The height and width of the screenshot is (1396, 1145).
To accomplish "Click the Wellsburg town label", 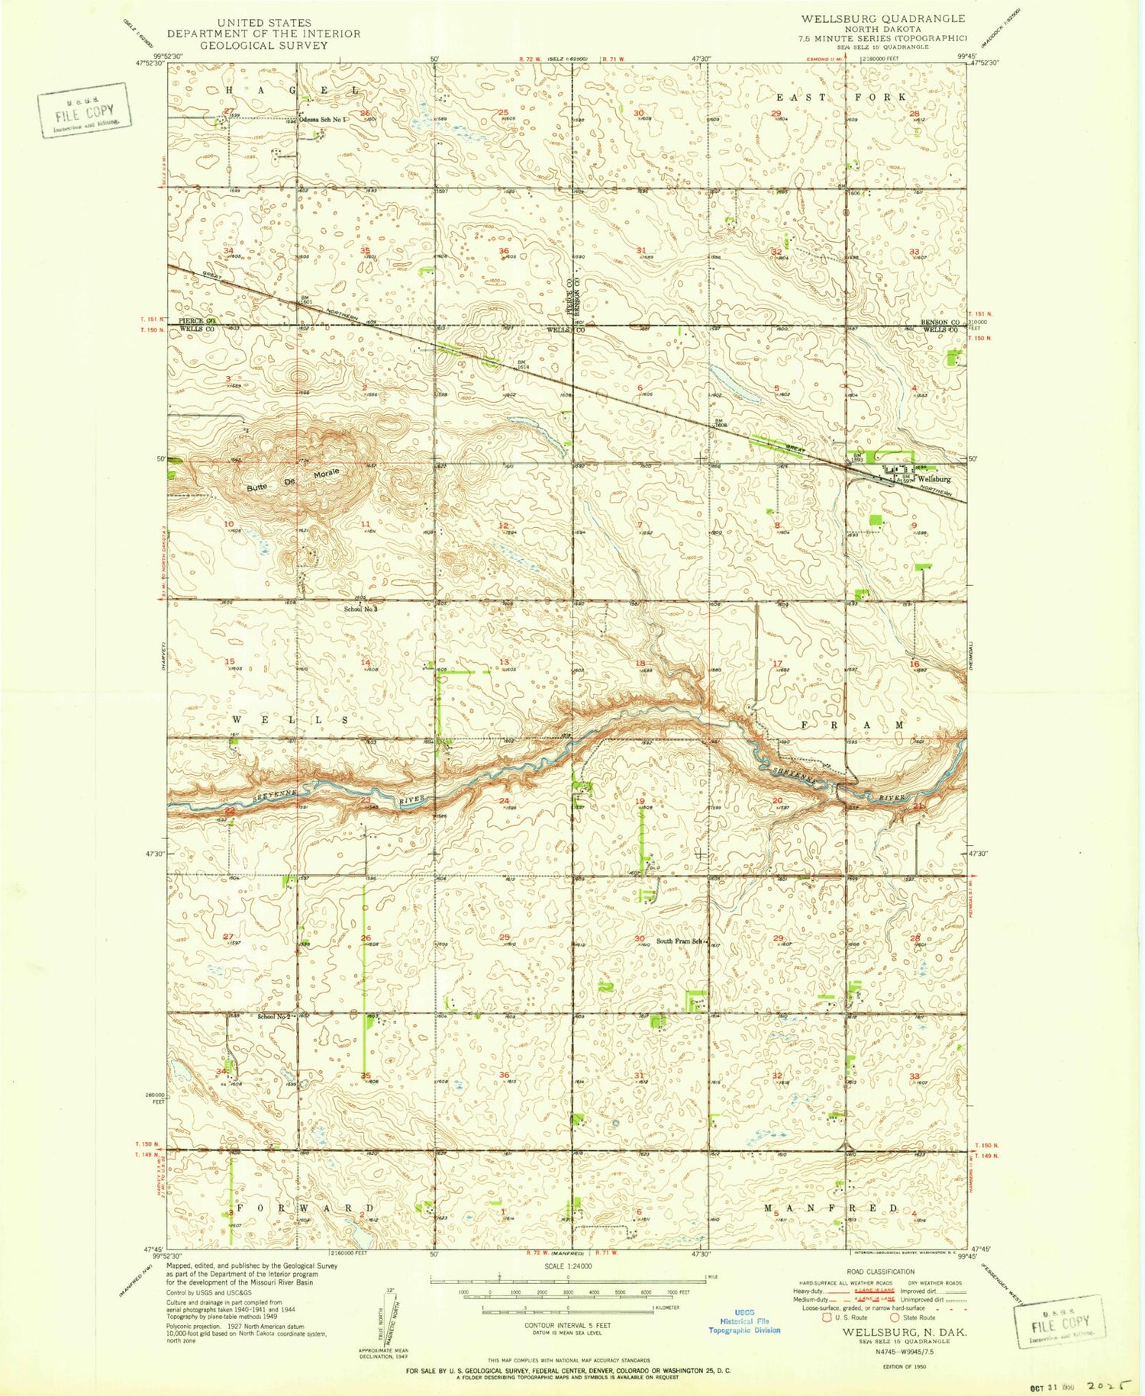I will [x=935, y=479].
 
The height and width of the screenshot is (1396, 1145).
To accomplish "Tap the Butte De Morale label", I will [x=292, y=481].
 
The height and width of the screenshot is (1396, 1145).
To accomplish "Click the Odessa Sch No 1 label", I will [x=322, y=120].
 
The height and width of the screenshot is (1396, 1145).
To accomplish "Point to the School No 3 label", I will [x=360, y=609].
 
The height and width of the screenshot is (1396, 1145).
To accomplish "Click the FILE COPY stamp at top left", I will [x=84, y=110].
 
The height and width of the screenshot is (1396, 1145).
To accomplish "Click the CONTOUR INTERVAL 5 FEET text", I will [x=567, y=1326].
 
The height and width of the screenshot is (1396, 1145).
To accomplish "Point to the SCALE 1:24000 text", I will [x=566, y=1267].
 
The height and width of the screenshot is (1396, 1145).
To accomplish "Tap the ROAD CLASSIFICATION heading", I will [x=880, y=1272].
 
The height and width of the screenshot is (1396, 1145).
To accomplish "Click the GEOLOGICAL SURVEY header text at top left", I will [x=263, y=45].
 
